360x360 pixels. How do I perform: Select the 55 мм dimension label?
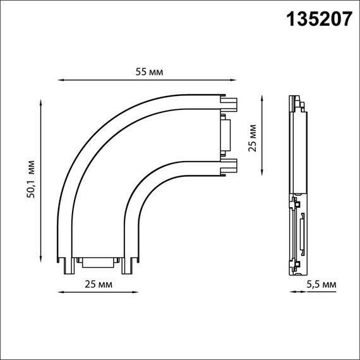tap(150, 73)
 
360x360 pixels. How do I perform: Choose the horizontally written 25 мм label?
tap(99, 285)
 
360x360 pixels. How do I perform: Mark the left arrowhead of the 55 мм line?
tap(61, 80)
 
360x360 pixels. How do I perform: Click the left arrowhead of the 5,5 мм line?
tap(291, 292)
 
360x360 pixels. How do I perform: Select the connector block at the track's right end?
tap(225, 133)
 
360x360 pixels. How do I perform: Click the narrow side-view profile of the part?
tap(297, 186)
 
